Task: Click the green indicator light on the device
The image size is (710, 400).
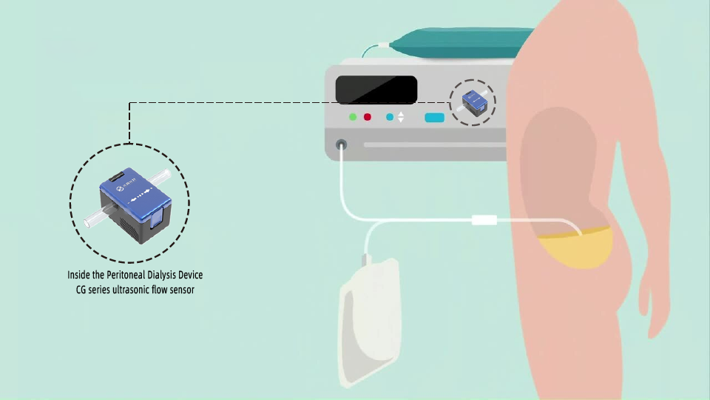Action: click(353, 117)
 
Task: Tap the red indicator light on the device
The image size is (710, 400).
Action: click(367, 117)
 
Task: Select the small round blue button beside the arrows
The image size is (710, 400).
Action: click(390, 117)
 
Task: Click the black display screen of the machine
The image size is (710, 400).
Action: click(376, 90)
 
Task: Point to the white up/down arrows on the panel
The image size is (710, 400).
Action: click(401, 117)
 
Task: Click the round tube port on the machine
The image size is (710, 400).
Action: click(342, 144)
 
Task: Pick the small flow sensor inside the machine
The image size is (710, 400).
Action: click(472, 101)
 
